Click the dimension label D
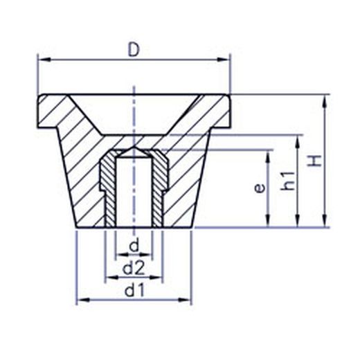click(x=134, y=50)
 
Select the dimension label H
click(x=315, y=161)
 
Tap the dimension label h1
click(x=288, y=181)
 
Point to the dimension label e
click(x=260, y=188)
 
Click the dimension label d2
click(x=134, y=268)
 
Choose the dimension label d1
click(x=135, y=290)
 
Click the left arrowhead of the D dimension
click(x=44, y=60)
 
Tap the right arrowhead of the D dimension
click(x=224, y=60)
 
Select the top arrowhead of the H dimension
click(x=325, y=101)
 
